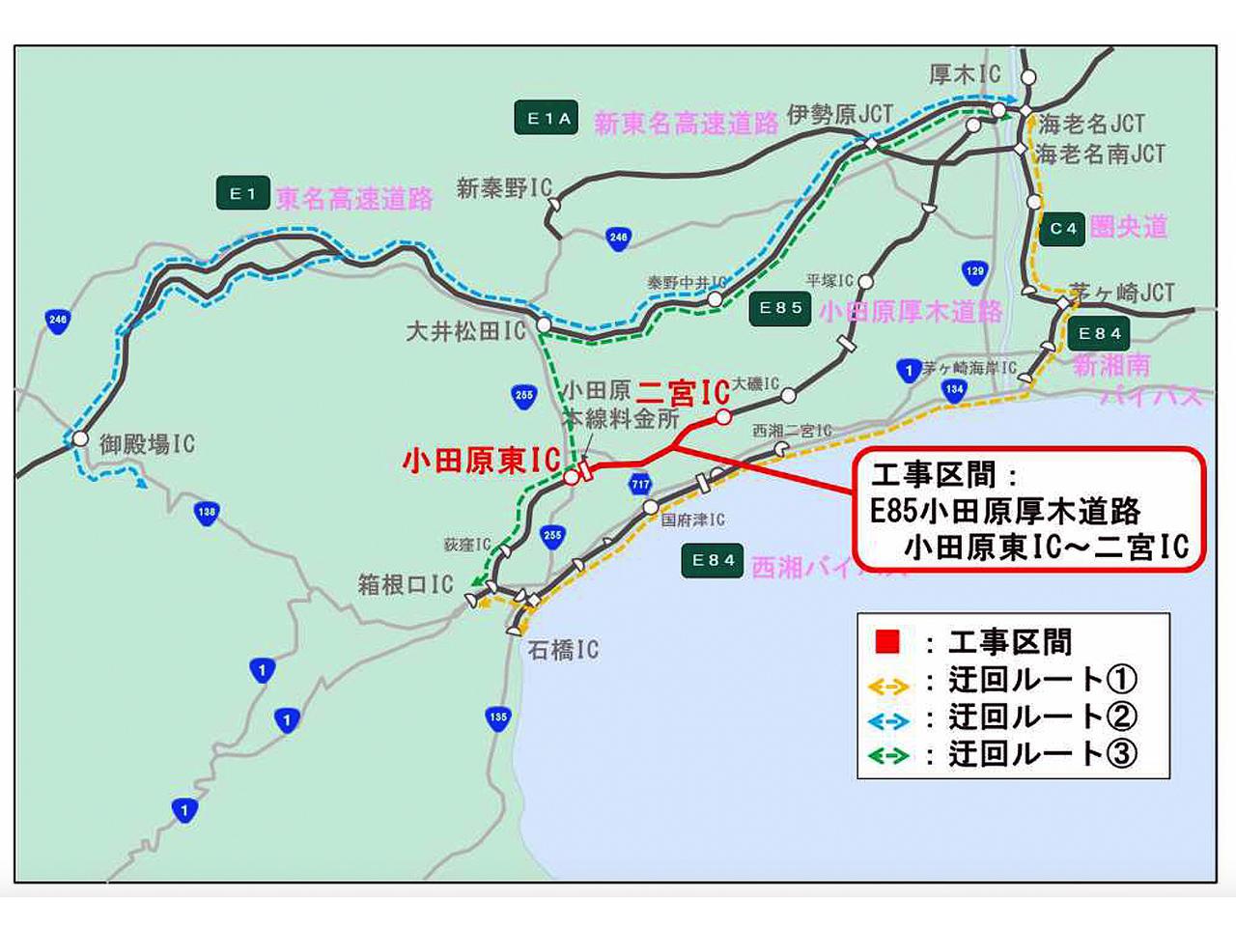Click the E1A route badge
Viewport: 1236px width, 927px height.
pos(547,119)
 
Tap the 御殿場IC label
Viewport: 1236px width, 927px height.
pos(147,444)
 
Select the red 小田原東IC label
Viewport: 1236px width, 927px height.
pos(481,461)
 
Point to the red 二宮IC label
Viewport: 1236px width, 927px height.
pos(683,393)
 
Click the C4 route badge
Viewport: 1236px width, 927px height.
pos(1062,229)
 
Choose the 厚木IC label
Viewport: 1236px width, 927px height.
pos(965,74)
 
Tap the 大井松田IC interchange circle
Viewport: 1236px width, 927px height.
pos(544,325)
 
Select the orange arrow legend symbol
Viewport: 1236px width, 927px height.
pos(888,686)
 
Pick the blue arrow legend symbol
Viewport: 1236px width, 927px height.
pos(888,720)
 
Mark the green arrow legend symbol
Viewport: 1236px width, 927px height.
pos(888,756)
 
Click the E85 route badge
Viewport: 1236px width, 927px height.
pos(780,308)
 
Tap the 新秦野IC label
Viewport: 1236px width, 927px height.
pos(503,188)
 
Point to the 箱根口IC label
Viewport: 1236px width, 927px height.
pos(405,584)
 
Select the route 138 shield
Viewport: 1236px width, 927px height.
pos(207,512)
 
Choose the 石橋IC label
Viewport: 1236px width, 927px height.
pos(562,650)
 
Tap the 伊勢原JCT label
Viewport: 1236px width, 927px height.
pos(839,115)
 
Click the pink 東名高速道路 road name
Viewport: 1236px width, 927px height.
pos(354,199)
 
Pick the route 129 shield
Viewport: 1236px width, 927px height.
pos(974,271)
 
